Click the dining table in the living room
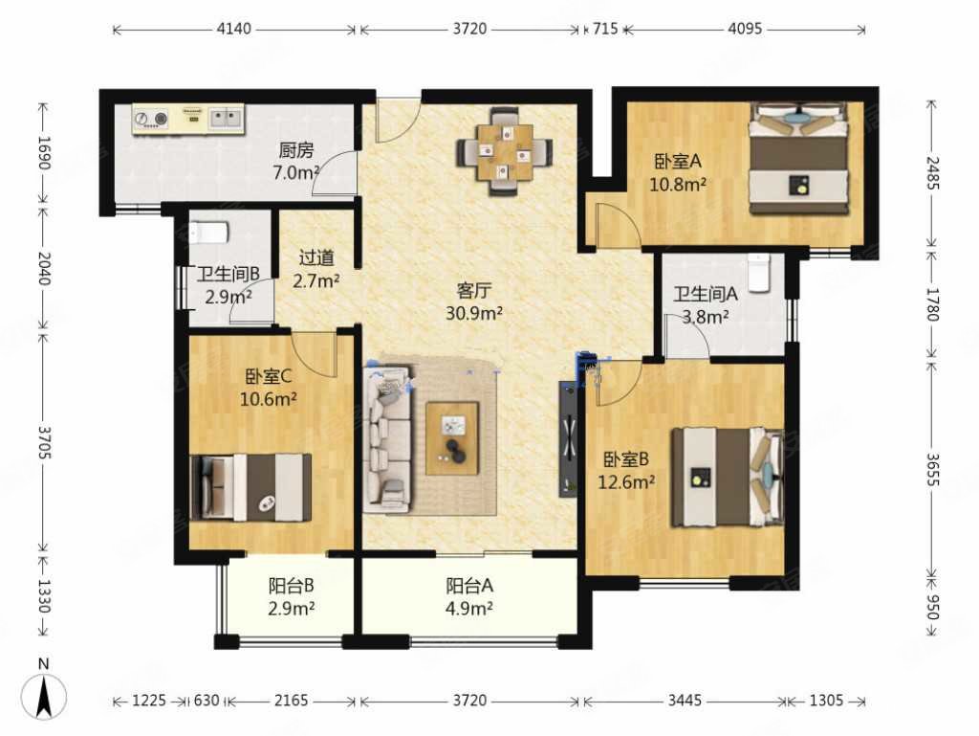pos(505,152)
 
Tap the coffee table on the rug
pos(452,438)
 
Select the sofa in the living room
pos(388,437)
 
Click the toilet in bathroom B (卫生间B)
pos(208,233)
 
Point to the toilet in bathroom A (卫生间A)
pos(759,273)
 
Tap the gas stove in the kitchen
pos(151,119)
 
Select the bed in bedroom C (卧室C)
pos(250,488)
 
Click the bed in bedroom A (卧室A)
pos(800,159)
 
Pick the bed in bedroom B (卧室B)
pos(727,478)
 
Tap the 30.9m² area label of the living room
pos(474,313)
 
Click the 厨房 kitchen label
pos(296,150)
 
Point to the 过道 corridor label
pos(316,257)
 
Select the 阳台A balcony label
pos(469,586)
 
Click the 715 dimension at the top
pos(604,29)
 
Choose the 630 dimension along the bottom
pos(207,701)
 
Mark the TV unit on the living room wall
pos(569,438)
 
